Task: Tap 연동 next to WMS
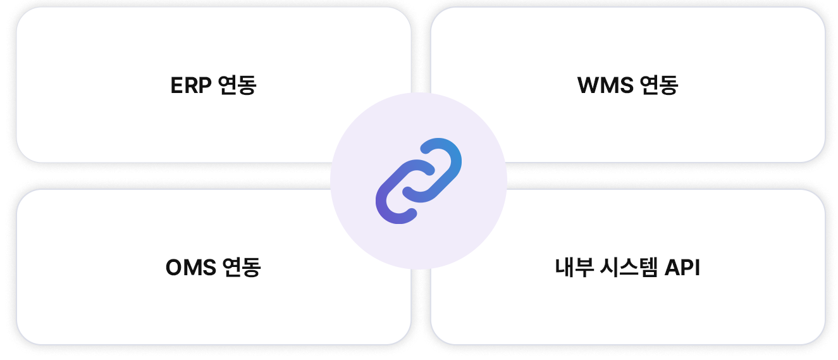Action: point(659,85)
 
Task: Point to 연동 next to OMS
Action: point(242,268)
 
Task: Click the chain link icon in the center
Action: point(419,180)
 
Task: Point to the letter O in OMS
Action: point(174,268)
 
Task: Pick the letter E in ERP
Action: point(176,85)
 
